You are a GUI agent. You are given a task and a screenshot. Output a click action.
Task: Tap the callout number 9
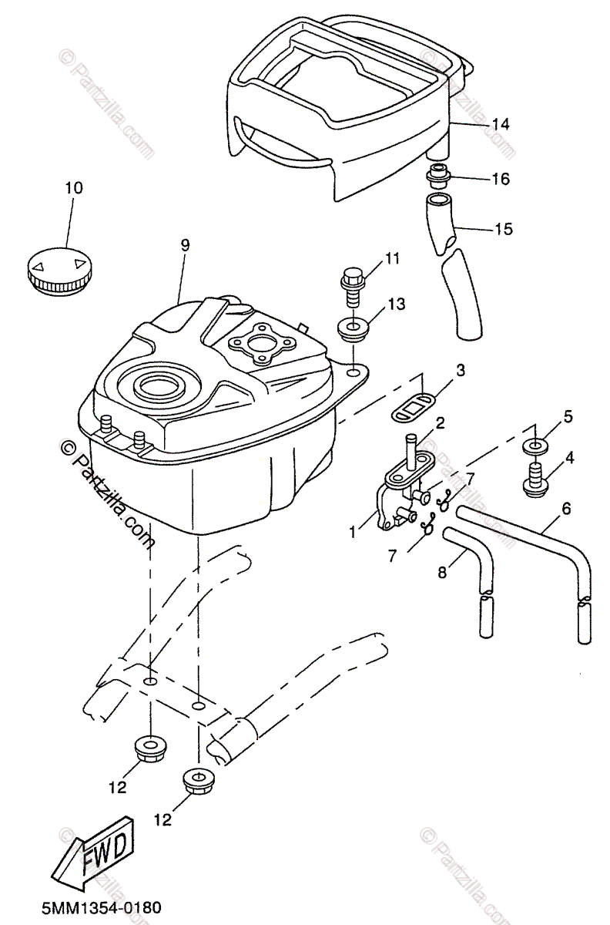(x=185, y=245)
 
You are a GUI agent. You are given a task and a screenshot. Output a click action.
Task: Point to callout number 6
(x=566, y=508)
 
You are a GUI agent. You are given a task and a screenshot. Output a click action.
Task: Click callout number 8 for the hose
(x=442, y=573)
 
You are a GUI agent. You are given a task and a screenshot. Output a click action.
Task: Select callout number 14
(x=501, y=123)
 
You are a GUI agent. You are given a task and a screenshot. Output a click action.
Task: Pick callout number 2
(x=440, y=422)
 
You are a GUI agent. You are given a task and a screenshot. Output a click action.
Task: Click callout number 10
(x=74, y=187)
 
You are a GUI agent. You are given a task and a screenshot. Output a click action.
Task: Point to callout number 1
(x=352, y=530)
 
